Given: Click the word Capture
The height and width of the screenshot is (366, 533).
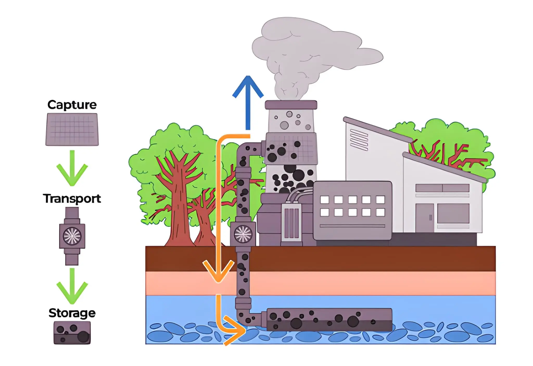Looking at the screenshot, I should [x=72, y=105].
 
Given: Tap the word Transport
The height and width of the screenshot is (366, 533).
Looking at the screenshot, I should [x=72, y=199].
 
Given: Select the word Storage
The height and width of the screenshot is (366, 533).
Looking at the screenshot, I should [x=72, y=313].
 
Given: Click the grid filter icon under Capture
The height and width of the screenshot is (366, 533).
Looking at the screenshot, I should [x=72, y=129].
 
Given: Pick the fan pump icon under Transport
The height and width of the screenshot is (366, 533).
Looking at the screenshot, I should [x=72, y=236].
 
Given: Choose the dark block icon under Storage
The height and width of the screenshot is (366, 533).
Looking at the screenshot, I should [x=72, y=333].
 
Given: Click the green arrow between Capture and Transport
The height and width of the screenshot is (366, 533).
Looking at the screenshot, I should [x=72, y=169].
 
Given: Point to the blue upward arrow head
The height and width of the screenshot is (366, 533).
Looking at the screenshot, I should [x=248, y=86].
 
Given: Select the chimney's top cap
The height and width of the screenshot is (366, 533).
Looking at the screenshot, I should [x=291, y=105].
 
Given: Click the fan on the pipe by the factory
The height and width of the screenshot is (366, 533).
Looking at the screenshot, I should [x=243, y=234].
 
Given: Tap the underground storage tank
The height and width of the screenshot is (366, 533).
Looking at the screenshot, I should [x=329, y=320].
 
